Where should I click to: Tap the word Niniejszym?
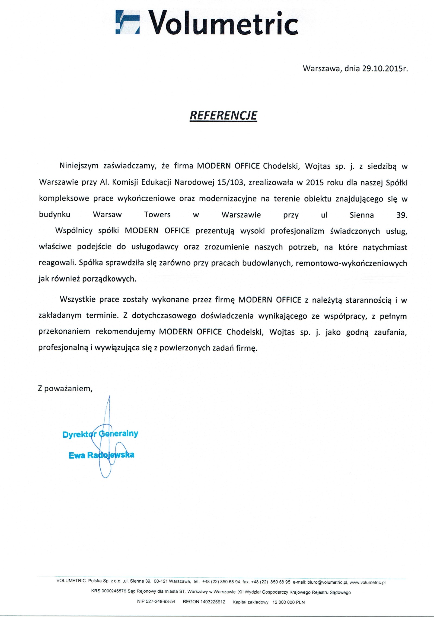(79, 166)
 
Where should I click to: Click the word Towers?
(157, 215)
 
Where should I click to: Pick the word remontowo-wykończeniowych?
(352, 263)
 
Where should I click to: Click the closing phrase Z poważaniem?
(65, 389)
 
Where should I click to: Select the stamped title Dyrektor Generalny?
(100, 434)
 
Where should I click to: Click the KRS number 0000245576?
(114, 592)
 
